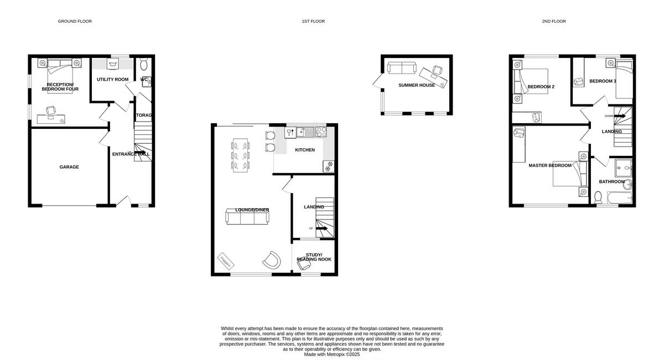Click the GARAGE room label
(x=69, y=167)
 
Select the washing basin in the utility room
(x=113, y=65)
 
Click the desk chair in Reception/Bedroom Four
(x=51, y=110)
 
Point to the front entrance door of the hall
(x=126, y=201)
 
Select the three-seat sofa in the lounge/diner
(x=247, y=217)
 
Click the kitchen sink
(x=305, y=132)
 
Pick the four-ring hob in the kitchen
(x=321, y=132)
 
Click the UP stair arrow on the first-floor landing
(x=321, y=228)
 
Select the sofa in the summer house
(x=402, y=68)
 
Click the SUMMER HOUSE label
(x=416, y=85)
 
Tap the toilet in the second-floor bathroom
(x=598, y=196)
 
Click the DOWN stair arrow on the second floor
(x=620, y=116)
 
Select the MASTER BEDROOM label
(x=549, y=165)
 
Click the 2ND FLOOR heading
(x=553, y=22)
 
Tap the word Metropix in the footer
(x=338, y=354)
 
